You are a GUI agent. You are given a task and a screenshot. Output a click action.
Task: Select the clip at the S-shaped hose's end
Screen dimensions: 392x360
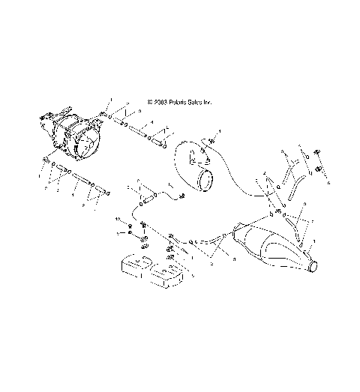[183, 196]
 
